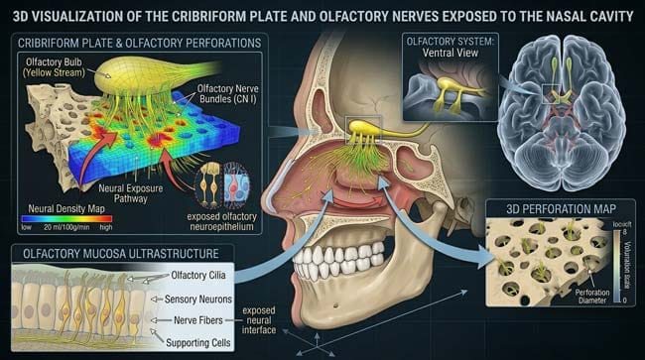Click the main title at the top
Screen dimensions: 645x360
pos(322,14)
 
